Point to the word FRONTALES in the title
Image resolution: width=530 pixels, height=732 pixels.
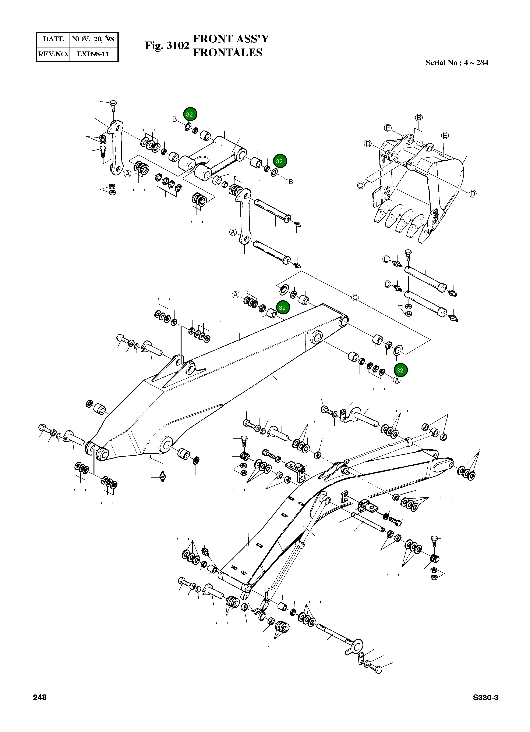tap(227, 53)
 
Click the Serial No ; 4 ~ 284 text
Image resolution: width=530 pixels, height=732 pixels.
tap(456, 63)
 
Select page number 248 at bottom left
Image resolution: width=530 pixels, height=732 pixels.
tap(40, 697)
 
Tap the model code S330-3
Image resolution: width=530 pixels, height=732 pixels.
tap(485, 697)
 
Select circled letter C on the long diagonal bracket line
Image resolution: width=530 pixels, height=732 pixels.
tap(355, 298)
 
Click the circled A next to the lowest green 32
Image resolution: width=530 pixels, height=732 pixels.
tap(397, 381)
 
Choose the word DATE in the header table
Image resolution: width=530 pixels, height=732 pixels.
tap(53, 39)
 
